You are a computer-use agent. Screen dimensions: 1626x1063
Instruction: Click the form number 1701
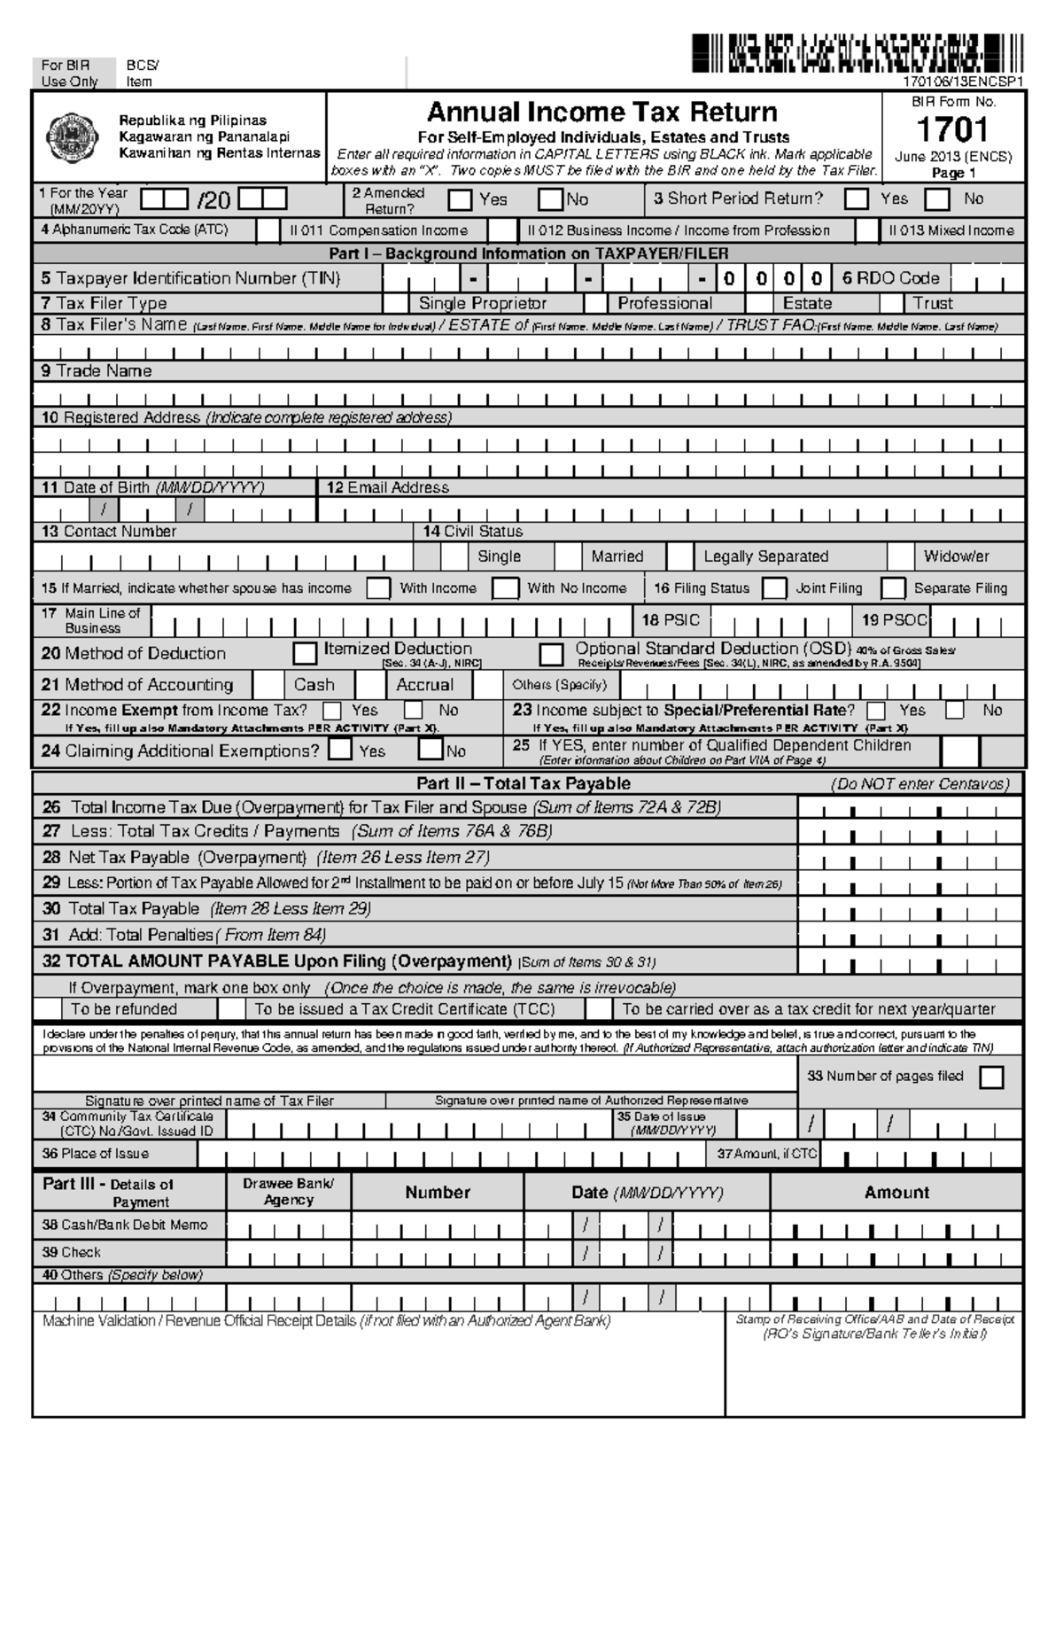pos(951,130)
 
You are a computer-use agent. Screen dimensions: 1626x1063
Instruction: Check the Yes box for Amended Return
pos(460,200)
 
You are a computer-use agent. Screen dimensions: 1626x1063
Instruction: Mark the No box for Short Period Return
pos(937,200)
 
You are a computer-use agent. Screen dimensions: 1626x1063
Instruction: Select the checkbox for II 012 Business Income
pos(503,231)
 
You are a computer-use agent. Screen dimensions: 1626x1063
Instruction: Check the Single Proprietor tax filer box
pos(396,303)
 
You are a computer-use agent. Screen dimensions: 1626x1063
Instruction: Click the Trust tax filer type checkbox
pos(891,303)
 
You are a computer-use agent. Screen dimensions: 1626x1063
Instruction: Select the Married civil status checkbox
pos(568,556)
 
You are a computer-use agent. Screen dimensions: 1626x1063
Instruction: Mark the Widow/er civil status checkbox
pos(900,556)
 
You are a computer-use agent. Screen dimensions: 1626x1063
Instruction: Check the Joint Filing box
pos(774,588)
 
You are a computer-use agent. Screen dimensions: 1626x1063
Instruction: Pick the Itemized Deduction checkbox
pos(305,654)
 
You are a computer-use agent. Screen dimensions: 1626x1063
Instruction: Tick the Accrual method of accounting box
pos(370,685)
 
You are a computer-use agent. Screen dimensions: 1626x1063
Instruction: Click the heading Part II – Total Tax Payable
pos(524,783)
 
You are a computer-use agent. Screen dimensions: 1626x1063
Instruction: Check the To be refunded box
pos(48,1009)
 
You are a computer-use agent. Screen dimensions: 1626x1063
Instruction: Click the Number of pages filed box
pos(992,1078)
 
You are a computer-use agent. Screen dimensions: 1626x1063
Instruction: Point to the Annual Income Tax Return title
pos(602,113)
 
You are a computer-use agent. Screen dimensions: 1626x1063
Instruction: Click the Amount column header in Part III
pos(896,1193)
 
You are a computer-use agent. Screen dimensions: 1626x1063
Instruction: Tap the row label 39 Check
pos(72,1252)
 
